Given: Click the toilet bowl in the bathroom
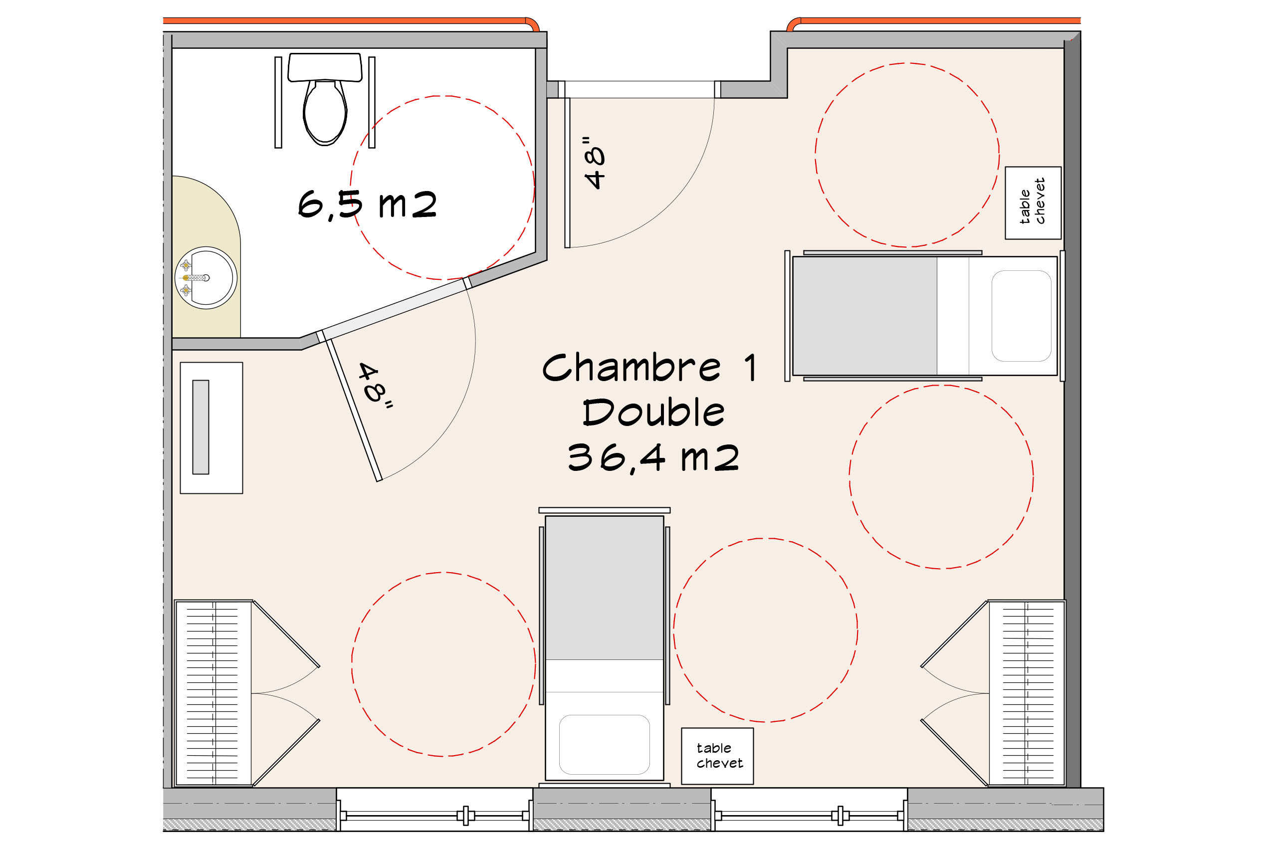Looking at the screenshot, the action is (325, 113).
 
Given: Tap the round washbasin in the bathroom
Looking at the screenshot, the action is (206, 278).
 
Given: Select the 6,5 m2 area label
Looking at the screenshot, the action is (367, 205).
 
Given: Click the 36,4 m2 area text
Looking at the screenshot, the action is (653, 458).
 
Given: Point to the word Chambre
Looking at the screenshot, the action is (632, 368).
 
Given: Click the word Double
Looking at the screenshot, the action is (653, 412).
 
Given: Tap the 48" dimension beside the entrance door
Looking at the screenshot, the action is (594, 163).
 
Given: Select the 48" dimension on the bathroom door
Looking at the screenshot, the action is (376, 385).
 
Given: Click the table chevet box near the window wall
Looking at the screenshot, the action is (717, 756).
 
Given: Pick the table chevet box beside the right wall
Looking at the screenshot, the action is (1033, 203).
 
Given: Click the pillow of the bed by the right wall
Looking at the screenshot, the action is (1021, 316).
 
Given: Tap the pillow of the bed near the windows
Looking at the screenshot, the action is (604, 745).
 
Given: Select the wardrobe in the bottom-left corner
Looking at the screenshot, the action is (213, 693).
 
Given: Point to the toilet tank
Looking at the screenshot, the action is (325, 67).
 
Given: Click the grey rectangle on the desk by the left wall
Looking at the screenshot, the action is (201, 427).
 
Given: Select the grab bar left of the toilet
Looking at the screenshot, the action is (278, 102).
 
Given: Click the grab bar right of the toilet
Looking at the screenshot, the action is (372, 102).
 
